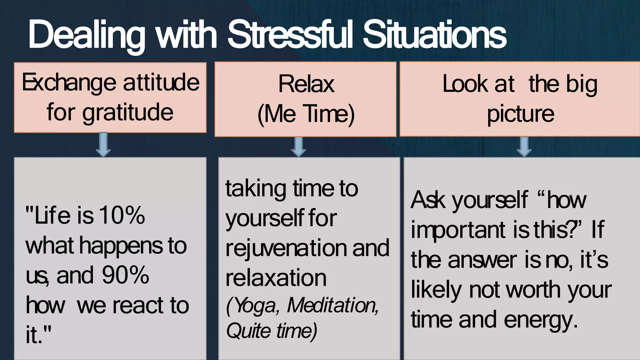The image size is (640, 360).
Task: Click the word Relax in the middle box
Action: coord(306,84)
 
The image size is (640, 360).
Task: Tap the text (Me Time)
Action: coord(306,114)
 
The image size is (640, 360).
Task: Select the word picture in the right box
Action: coord(520,114)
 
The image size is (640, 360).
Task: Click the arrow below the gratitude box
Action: coord(103,144)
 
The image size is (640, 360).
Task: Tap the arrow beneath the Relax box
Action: coord(298,146)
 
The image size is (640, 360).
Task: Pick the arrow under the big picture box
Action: coord(524,146)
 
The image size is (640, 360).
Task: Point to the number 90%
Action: coord(125,275)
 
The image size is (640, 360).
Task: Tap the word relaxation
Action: coord(276,278)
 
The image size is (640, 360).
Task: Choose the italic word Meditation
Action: coord(332,305)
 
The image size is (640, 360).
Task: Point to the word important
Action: coord(458,230)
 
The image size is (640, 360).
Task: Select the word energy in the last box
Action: coord(540,320)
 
